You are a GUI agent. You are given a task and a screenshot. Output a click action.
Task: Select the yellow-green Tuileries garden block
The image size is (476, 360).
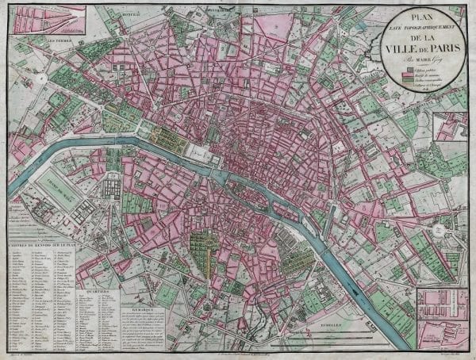tap(168, 140)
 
